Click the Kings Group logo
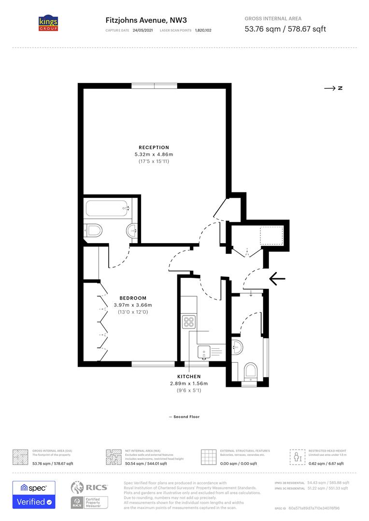[48, 23]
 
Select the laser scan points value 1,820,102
[203, 30]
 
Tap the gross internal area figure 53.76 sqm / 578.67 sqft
[285, 29]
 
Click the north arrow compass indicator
[333, 88]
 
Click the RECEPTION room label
[154, 147]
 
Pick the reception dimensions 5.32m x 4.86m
[154, 154]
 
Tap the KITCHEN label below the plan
[189, 376]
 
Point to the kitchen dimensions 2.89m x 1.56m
[189, 384]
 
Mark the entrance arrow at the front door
[277, 278]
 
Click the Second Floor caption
[184, 417]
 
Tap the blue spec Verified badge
[34, 494]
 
